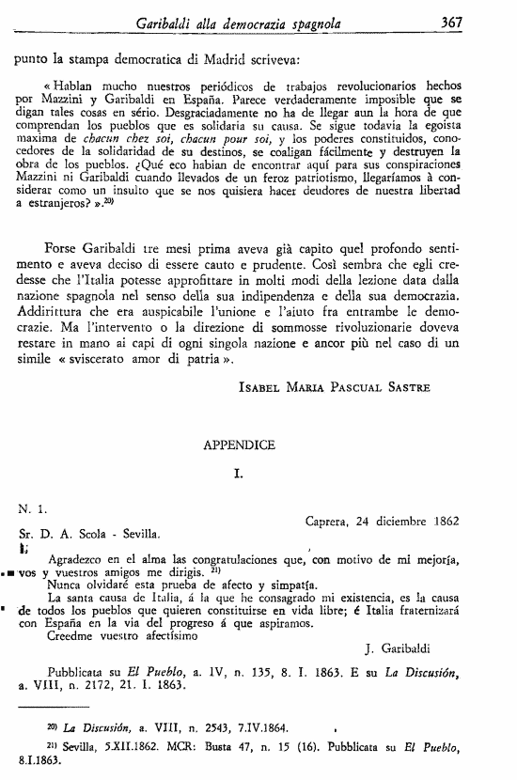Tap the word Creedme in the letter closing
click(x=71, y=634)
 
